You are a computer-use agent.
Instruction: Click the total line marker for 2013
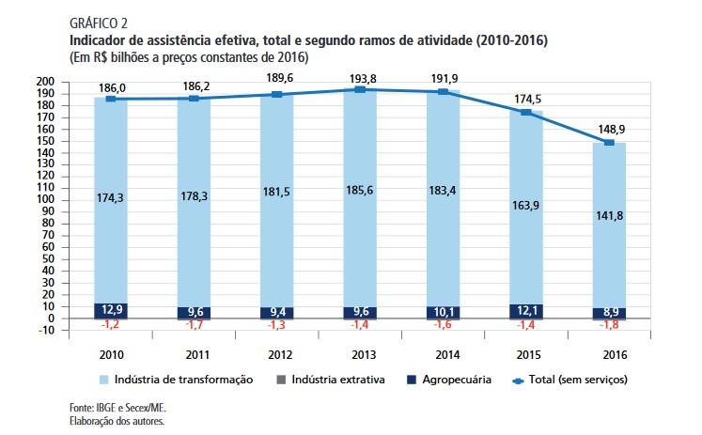360,89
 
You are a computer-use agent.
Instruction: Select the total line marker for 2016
609,143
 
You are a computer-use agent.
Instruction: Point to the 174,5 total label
526,98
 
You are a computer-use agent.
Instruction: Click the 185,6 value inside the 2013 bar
360,198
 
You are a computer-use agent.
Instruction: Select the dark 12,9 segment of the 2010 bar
111,310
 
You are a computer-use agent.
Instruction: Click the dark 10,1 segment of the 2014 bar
443,312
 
